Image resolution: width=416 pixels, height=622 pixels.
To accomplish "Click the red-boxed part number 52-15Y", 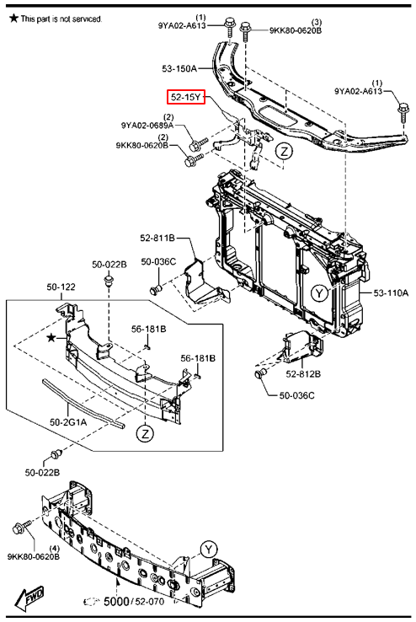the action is [186, 97].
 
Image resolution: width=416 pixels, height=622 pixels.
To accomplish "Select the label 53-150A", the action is [179, 68].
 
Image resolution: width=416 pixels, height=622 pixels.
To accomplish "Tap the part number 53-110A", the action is [391, 293].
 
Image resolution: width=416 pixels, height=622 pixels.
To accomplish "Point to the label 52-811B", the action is [157, 238].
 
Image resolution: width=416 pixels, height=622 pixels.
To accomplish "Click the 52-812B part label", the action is [303, 373].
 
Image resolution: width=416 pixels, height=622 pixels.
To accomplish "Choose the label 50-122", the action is [61, 287].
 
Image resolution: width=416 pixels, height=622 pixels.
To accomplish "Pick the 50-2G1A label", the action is [68, 422].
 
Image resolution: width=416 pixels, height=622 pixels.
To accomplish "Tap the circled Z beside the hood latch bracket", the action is [284, 152].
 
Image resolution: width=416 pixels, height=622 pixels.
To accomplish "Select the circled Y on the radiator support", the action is [319, 293].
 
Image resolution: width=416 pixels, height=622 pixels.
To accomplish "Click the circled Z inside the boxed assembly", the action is [146, 433].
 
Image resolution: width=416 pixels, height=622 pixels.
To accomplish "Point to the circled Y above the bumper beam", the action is [209, 550].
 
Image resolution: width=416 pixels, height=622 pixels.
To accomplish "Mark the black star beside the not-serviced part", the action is [51, 338].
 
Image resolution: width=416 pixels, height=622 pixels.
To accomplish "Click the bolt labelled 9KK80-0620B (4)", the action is [22, 528].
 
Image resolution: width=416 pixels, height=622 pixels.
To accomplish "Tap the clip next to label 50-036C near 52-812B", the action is [260, 373].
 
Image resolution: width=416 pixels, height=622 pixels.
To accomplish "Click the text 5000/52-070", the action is [134, 602].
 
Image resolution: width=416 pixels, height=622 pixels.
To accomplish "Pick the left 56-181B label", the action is [148, 329].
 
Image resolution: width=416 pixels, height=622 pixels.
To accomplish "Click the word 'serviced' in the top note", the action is [87, 19].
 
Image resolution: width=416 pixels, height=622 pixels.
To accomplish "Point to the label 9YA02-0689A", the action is [147, 126].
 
